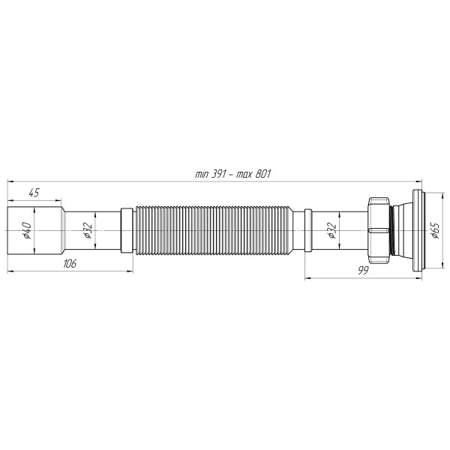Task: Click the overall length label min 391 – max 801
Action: tap(232, 174)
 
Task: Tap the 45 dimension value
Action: tap(34, 193)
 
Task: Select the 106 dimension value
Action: tap(70, 263)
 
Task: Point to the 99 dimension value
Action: tap(363, 270)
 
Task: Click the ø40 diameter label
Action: tap(27, 230)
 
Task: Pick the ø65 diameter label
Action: tap(435, 230)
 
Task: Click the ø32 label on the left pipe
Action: tap(88, 230)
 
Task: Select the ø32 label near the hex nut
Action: tap(332, 230)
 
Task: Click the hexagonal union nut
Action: tap(379, 230)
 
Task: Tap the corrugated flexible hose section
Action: tap(214, 230)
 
